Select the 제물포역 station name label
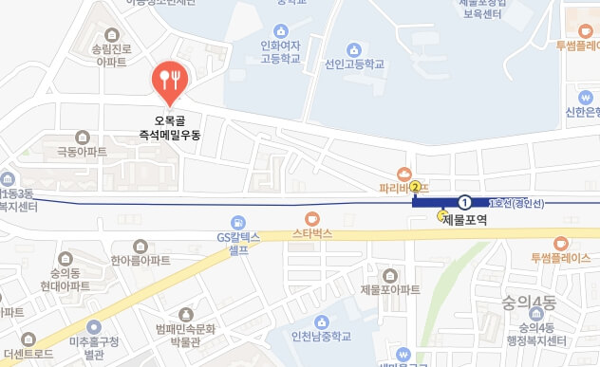[464, 219]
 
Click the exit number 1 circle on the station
[464, 201]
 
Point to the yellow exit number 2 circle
[415, 187]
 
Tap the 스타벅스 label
[312, 231]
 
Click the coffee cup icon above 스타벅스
[312, 217]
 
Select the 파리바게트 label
[403, 187]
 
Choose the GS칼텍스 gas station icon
[238, 222]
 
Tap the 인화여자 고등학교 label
[279, 51]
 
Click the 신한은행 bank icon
[586, 97]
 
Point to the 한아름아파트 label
[139, 260]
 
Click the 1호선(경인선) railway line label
[515, 202]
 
